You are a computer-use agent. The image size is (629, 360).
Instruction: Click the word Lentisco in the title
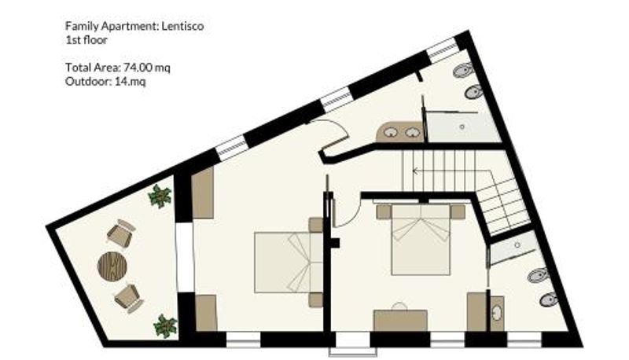(182, 27)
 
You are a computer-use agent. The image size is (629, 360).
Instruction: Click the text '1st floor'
(86, 41)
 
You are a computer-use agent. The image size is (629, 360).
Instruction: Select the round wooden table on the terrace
(112, 266)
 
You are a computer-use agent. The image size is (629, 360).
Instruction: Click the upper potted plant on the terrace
(160, 196)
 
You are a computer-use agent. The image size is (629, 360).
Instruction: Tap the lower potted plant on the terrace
(165, 326)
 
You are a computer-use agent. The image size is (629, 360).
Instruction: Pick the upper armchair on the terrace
(121, 234)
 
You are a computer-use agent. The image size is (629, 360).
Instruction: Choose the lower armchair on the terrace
(129, 298)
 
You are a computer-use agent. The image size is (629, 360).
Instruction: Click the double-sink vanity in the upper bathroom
(399, 132)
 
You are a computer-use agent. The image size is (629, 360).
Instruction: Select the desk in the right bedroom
(400, 320)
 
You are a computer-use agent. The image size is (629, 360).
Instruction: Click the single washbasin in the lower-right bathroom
(497, 313)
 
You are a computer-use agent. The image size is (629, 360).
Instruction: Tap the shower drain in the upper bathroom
(462, 127)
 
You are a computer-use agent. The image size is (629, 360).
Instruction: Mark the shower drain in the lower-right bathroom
(517, 245)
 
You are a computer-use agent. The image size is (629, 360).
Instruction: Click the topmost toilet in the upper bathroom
(462, 72)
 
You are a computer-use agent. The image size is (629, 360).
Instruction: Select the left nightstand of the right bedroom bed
(384, 211)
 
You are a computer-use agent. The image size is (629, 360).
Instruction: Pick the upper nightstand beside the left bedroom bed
(316, 225)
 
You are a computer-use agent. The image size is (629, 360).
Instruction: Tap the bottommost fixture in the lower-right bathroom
(549, 299)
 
